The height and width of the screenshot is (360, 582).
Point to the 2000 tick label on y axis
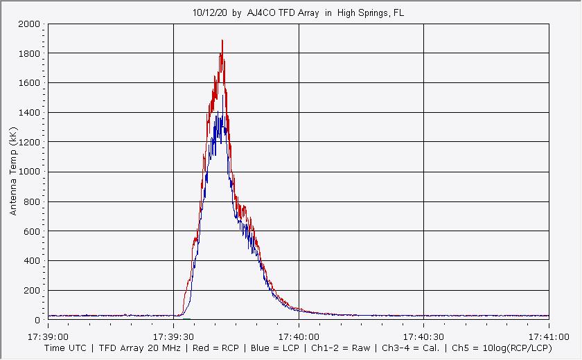(30, 24)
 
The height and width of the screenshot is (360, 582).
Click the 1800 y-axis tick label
(30, 53)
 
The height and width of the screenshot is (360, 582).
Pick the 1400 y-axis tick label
(30, 113)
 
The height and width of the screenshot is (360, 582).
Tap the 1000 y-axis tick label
(30, 172)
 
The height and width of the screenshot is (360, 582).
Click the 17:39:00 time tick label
(48, 336)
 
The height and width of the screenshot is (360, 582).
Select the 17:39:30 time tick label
(173, 336)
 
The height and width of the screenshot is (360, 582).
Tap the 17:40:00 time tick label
(299, 336)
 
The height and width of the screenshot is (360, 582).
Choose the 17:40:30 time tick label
(423, 336)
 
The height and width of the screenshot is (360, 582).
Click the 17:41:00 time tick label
(548, 336)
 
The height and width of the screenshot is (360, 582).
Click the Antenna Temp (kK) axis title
(13, 172)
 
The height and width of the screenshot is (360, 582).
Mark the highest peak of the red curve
(222, 41)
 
